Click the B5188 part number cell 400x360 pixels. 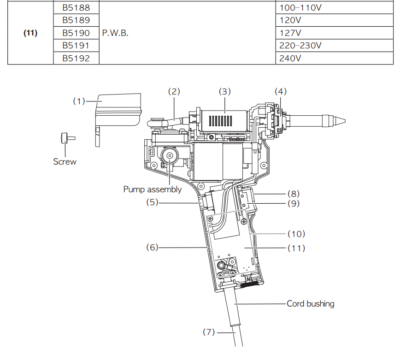76,8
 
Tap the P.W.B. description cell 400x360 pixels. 116,33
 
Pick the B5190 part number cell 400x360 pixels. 76,33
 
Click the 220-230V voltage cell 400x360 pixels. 300,46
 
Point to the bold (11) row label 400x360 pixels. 30,33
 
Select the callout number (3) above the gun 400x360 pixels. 224,91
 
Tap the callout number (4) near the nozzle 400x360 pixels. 281,91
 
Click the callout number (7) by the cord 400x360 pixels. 209,331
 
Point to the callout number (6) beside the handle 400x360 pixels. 152,248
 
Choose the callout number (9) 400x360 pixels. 293,203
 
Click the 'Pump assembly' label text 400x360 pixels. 153,189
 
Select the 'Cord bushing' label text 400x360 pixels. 310,304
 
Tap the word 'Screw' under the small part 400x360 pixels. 65,161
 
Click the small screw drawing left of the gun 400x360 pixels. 65,138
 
